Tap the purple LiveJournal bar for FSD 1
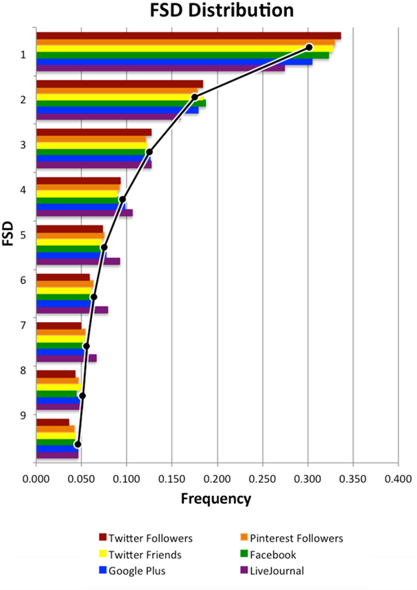(x=160, y=68)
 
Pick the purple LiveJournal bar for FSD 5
(x=77, y=261)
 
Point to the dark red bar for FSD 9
(x=52, y=422)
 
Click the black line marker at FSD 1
(x=309, y=47)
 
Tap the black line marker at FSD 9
(x=77, y=444)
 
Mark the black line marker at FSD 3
(x=149, y=152)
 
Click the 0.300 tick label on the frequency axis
(x=308, y=479)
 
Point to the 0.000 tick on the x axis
(x=36, y=479)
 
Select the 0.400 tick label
(x=398, y=479)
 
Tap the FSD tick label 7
(x=23, y=325)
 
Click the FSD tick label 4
(x=23, y=189)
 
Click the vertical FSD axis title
(x=9, y=233)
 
